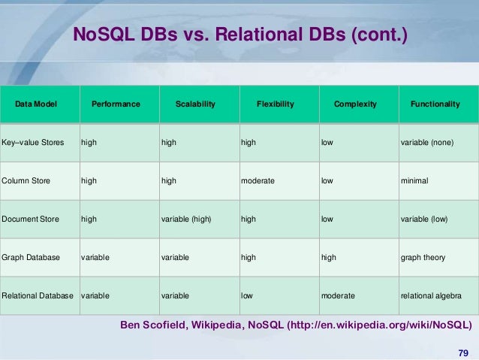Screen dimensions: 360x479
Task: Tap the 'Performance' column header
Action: [116, 104]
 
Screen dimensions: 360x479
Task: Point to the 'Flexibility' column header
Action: [275, 104]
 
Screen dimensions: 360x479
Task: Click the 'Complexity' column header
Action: [355, 104]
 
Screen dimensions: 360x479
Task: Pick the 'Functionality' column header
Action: [435, 104]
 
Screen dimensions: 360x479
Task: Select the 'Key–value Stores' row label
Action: [33, 141]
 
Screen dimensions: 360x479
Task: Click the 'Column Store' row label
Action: [26, 180]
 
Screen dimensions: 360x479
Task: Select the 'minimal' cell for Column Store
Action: [415, 180]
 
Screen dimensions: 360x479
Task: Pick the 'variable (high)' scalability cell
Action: [186, 219]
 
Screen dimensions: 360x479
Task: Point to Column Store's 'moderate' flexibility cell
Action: [258, 180]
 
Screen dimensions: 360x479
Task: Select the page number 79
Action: [462, 353]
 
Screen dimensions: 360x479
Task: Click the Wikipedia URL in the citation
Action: [389, 325]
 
